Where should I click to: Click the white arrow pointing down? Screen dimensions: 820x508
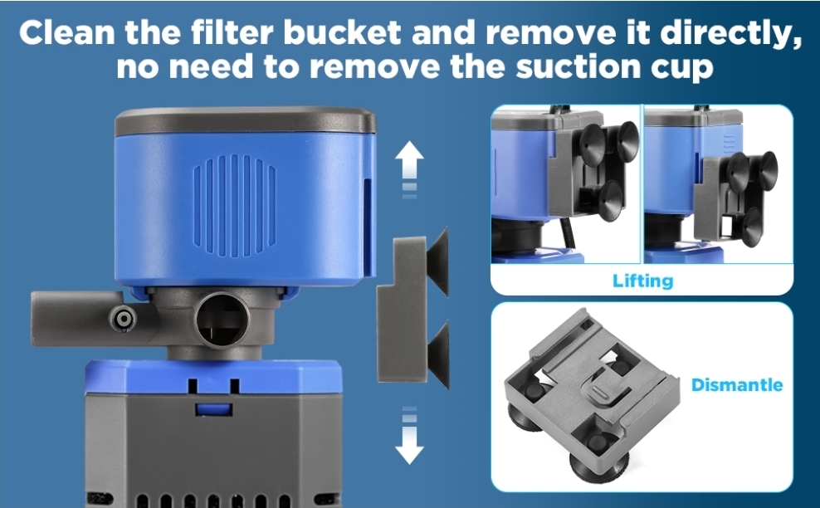tap(409, 436)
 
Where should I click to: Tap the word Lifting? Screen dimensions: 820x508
tap(642, 281)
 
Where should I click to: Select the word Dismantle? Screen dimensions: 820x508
tap(737, 385)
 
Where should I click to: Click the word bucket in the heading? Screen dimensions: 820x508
tap(342, 32)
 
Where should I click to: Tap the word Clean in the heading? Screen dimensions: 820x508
tap(67, 32)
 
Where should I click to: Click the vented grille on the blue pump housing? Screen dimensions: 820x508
tap(235, 200)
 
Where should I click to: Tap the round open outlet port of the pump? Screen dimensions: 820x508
tap(222, 319)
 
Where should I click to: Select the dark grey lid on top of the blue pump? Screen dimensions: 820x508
tap(246, 120)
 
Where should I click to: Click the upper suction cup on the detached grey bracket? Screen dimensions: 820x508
tap(438, 261)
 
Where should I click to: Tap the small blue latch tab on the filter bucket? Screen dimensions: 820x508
tap(214, 409)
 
